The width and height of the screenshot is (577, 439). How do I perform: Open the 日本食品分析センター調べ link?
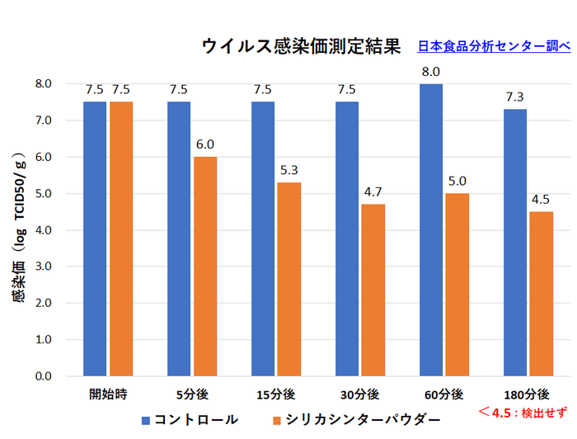[494, 47]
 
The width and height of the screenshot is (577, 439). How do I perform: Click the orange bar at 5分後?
[205, 266]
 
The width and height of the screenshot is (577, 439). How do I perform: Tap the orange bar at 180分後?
[542, 293]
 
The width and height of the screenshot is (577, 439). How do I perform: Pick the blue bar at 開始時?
[95, 238]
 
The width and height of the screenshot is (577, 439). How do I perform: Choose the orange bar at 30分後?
[373, 290]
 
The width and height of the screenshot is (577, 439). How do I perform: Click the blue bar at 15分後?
[264, 238]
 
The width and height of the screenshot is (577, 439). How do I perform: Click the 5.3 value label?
[289, 170]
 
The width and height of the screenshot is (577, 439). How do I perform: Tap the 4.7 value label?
[373, 192]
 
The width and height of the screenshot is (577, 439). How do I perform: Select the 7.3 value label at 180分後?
[516, 97]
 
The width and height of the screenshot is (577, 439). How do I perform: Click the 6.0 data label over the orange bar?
[205, 144]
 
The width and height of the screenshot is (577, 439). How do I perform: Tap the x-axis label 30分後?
[360, 394]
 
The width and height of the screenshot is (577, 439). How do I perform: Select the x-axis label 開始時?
[108, 394]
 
